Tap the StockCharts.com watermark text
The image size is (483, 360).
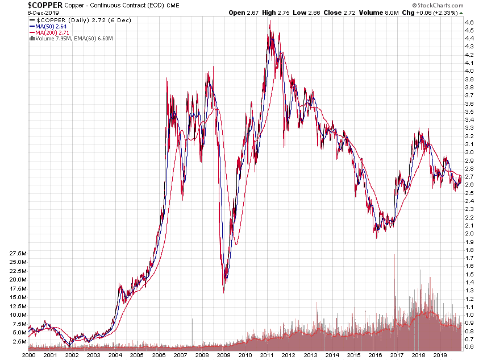click(445, 5)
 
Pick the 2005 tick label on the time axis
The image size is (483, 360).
click(137, 354)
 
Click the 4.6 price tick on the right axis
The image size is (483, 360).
click(469, 22)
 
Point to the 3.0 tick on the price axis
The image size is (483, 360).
click(469, 152)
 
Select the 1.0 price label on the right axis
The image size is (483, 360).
click(469, 315)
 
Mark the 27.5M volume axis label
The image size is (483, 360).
click(18, 253)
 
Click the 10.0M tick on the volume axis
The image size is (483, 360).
click(18, 315)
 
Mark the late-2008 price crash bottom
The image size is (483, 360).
click(223, 292)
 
